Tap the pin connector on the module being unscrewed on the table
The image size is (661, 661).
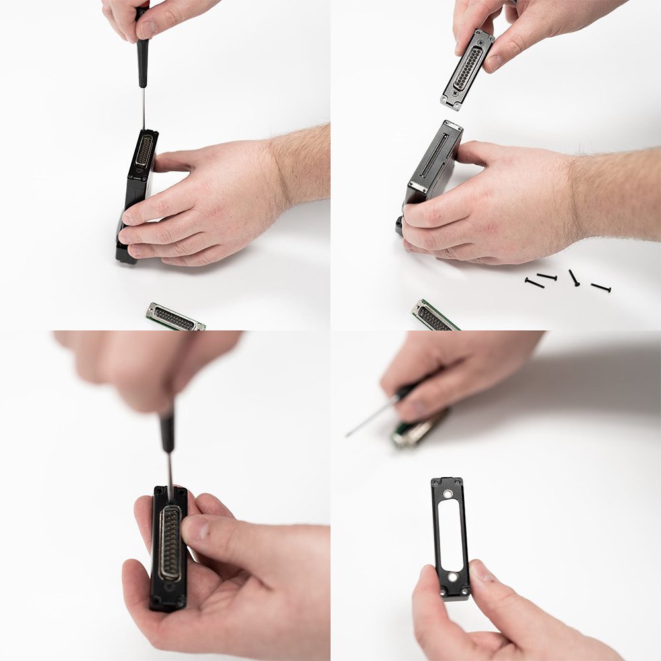click(143, 151)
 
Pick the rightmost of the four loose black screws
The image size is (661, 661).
click(601, 287)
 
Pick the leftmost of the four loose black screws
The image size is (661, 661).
click(534, 283)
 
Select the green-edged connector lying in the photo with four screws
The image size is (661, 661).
click(433, 316)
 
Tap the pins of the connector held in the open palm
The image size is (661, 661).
click(170, 542)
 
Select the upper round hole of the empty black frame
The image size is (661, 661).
click(448, 494)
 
